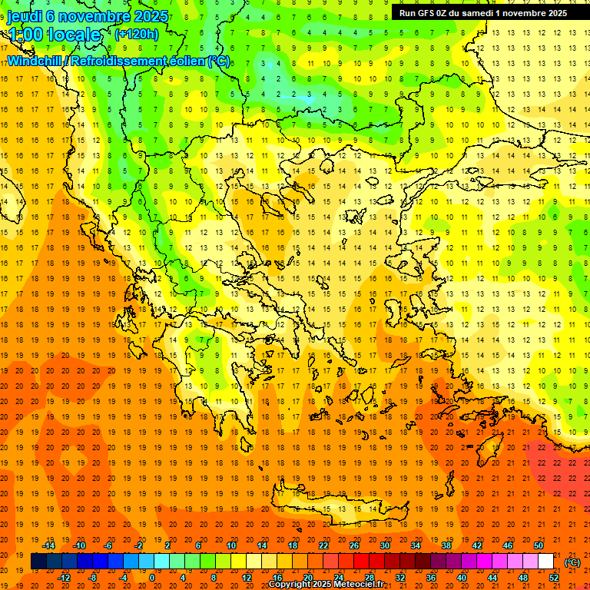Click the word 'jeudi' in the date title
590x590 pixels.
coord(25,16)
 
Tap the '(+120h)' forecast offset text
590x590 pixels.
coord(136,34)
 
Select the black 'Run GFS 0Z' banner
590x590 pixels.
coord(483,12)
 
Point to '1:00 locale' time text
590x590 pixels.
coord(54,35)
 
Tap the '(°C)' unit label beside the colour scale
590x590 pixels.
coord(572,562)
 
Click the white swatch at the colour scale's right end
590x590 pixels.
coord(546,562)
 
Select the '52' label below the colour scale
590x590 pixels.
coord(554,578)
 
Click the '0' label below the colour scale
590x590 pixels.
coord(151,578)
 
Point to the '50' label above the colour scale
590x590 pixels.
coord(539,545)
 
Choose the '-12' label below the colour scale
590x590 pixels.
coord(64,578)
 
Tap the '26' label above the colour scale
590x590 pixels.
coord(354,545)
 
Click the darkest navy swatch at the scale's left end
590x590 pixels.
coord(38,562)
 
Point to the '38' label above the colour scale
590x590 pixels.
coord(446,545)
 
